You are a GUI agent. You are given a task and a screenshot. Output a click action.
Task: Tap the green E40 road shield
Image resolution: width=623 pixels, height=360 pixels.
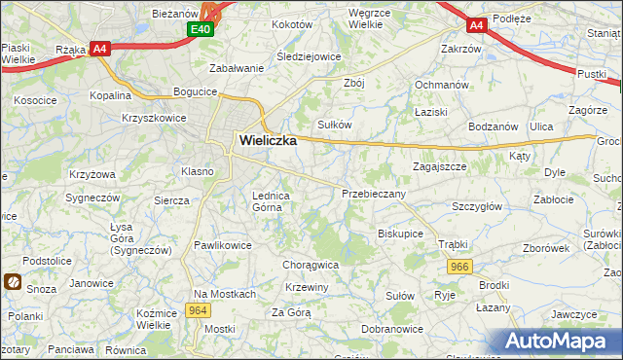pos(201,30)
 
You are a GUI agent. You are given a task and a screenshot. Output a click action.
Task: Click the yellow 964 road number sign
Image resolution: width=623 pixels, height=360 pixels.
pos(199,310)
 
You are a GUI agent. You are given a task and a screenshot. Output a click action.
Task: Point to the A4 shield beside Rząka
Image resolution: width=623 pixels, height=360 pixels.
pos(99,48)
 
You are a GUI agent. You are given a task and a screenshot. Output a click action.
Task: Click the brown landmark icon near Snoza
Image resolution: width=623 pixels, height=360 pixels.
pos(13,282)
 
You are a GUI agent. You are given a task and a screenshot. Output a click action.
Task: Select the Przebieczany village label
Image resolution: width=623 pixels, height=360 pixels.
pos(374,194)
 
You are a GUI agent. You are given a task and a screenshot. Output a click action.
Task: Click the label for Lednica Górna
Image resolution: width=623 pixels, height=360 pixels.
pos(272,200)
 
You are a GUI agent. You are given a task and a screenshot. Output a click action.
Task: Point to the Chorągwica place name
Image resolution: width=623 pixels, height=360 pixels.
pos(311,264)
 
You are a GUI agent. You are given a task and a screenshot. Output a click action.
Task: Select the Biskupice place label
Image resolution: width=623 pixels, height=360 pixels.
pos(400,234)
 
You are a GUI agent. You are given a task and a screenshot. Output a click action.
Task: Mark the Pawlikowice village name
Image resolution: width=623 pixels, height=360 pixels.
pos(223,245)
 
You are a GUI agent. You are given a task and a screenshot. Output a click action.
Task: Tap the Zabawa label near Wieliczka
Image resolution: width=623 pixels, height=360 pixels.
pos(238,68)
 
